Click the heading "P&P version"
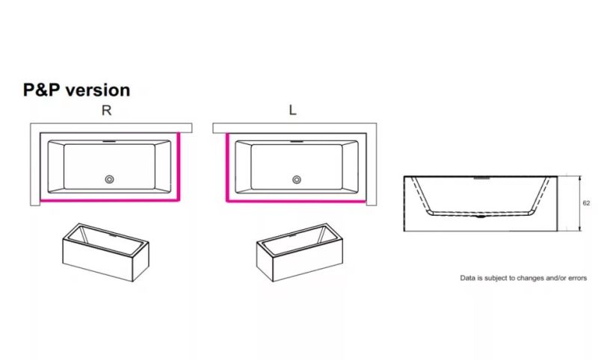coord(77,90)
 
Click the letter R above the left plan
coord(106,111)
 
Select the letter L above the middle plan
coord(292,110)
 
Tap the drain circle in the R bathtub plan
coord(109,179)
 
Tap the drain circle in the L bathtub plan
coord(296,179)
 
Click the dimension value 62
coord(586,203)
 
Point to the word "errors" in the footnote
coord(577,278)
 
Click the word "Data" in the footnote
coord(468,278)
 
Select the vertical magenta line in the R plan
coord(179,166)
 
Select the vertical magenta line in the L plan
coord(227,167)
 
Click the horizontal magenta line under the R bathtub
coord(109,200)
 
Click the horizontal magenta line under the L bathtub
coord(296,201)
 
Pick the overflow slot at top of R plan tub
coord(109,141)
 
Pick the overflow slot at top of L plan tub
coord(297,142)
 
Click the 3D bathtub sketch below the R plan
coord(105,252)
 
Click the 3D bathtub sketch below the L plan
coord(300,252)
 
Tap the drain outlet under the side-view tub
coord(481,217)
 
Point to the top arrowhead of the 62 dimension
coord(580,179)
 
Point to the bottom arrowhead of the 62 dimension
coord(580,229)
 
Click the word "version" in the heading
coord(98,90)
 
